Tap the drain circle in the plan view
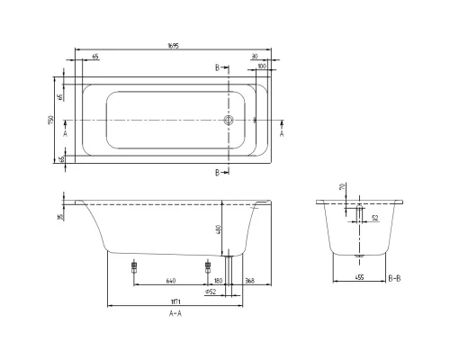click(229, 119)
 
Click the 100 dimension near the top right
click(262, 67)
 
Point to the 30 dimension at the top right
click(256, 56)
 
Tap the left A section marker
click(67, 132)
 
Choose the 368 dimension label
click(248, 280)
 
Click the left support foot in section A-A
click(134, 266)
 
